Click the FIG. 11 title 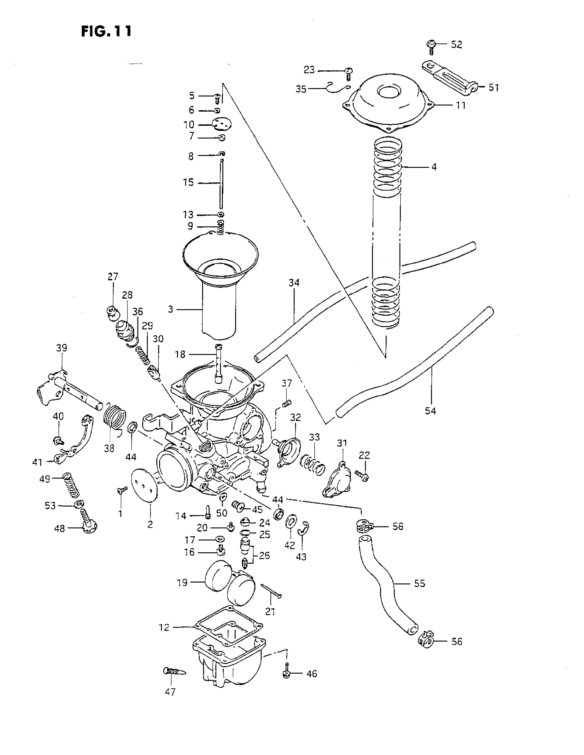tap(106, 31)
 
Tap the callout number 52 tap(457, 45)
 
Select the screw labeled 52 tap(431, 47)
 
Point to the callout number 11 tap(460, 105)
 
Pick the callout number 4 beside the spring tap(434, 167)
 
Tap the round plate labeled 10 tap(222, 123)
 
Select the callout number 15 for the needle tap(189, 182)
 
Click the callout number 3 tap(170, 309)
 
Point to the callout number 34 tap(294, 282)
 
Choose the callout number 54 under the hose tap(430, 411)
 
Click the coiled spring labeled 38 tap(115, 419)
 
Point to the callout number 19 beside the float tap(182, 583)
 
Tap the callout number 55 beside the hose tap(419, 583)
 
